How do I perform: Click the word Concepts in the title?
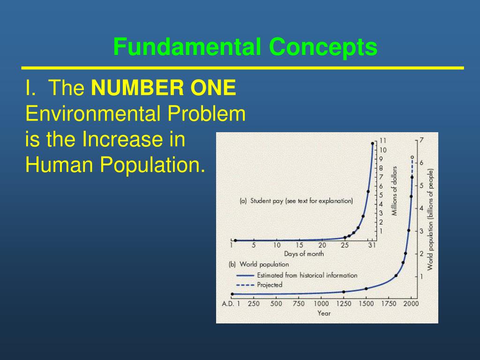tap(323, 47)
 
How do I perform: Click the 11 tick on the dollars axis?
tap(383, 141)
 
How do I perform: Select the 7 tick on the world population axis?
tap(421, 140)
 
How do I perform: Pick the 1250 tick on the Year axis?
tap(344, 303)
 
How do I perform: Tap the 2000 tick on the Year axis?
tap(411, 303)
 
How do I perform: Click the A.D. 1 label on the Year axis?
tap(231, 303)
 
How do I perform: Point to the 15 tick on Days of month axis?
tap(300, 245)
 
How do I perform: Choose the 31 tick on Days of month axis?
tap(372, 245)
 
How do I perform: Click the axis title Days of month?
tap(303, 254)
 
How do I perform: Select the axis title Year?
tap(324, 313)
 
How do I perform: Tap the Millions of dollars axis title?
tap(395, 191)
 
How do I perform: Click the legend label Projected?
tap(270, 285)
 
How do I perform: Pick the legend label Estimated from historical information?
tap(307, 275)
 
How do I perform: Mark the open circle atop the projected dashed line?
tap(412, 157)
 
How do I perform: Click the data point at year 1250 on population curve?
tap(344, 292)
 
